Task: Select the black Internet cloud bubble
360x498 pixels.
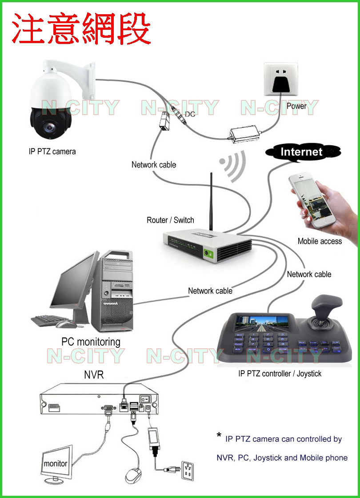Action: pos(302,152)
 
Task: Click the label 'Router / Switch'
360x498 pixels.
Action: pos(170,220)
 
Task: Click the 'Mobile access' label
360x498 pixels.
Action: pos(320,241)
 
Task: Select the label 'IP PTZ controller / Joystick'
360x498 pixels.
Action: pos(280,374)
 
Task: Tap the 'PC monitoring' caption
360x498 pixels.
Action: pos(91,342)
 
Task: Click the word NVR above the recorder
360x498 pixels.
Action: pos(94,375)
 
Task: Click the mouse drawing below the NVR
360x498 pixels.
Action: pos(133,476)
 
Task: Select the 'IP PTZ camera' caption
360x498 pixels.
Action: pos(52,151)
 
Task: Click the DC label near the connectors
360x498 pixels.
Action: pos(190,114)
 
